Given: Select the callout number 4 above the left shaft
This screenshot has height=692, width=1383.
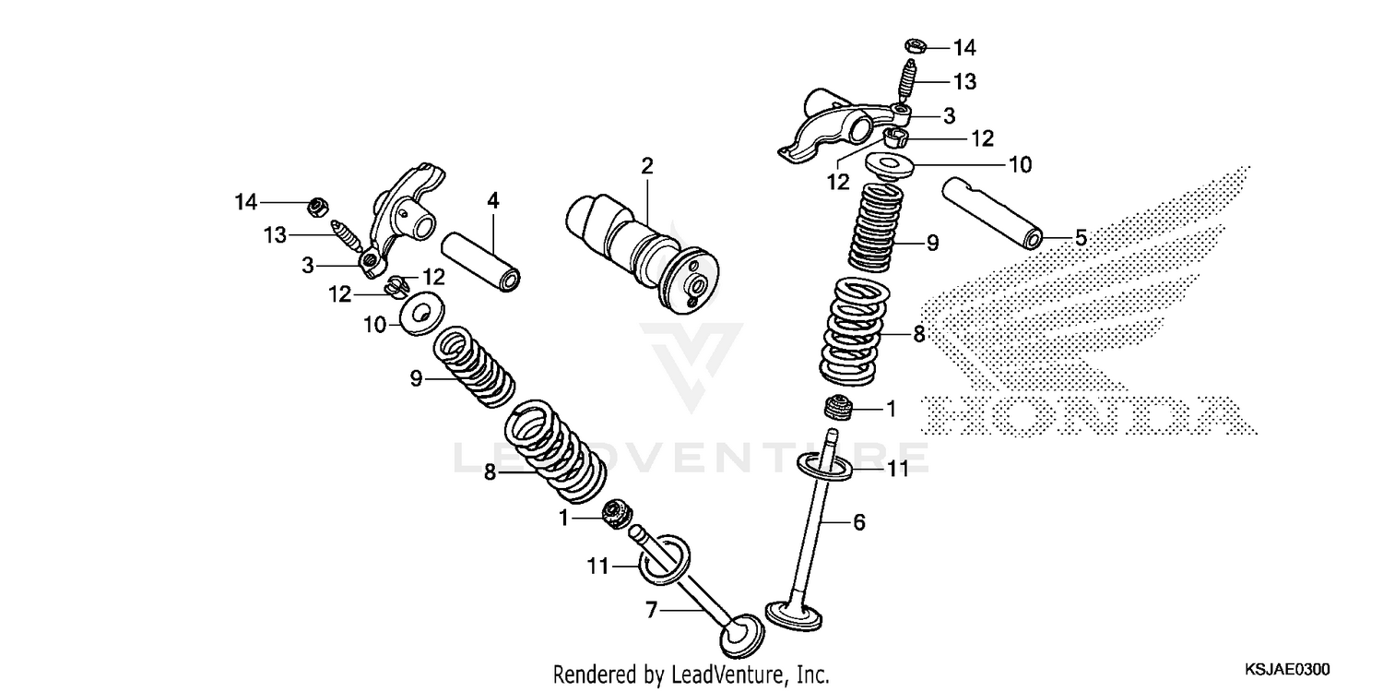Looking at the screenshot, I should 493,199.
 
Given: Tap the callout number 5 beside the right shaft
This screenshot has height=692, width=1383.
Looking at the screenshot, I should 1081,238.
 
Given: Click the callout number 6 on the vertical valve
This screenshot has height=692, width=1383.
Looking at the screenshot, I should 858,522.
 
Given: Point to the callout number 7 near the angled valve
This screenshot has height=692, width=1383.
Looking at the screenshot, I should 652,610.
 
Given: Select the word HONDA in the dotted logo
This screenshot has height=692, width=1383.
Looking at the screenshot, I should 1088,417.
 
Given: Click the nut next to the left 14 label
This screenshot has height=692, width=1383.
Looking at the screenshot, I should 314,205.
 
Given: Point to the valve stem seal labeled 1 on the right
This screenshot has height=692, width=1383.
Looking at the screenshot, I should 837,406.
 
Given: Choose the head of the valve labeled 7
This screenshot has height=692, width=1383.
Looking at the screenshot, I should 742,635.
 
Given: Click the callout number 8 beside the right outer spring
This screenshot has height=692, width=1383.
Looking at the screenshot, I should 918,334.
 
